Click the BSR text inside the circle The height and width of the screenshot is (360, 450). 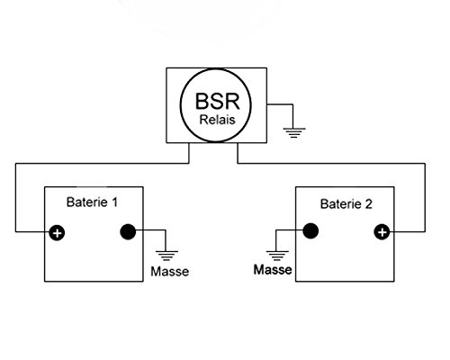point(218,101)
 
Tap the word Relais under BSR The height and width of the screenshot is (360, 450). point(218,120)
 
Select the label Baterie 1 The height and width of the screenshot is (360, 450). point(92,202)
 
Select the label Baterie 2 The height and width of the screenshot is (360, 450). point(346,204)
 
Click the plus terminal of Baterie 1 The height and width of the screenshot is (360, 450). point(57,233)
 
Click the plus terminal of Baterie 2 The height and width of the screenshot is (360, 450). point(382,232)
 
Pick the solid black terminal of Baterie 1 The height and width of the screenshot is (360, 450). point(128,231)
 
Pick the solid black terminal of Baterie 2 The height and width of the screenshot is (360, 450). point(310,231)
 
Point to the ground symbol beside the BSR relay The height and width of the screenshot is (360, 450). point(294,132)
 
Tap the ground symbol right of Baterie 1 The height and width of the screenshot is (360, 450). point(166,256)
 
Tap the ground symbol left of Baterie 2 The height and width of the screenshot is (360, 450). point(277,256)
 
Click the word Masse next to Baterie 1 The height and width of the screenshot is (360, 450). point(170,272)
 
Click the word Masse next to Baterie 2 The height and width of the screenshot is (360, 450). point(273,269)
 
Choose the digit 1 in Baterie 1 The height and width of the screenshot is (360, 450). point(114,202)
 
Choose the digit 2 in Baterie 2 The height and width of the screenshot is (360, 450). point(369,204)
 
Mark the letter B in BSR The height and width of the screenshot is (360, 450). point(202,101)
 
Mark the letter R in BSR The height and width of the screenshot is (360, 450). point(233,101)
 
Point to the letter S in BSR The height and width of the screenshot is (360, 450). point(218,101)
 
